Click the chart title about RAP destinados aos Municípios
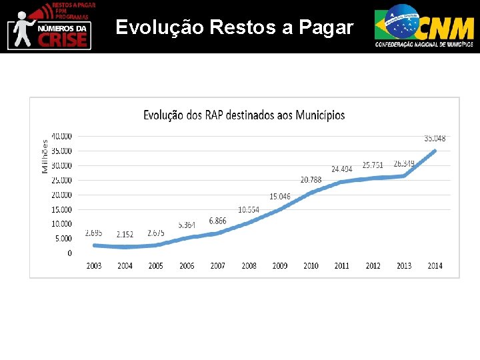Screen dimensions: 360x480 (x=244, y=115)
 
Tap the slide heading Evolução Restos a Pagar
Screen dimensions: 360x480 (x=234, y=27)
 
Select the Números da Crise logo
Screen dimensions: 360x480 (x=49, y=26)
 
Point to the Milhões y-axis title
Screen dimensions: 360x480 (x=45, y=156)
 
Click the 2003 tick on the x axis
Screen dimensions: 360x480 (x=94, y=266)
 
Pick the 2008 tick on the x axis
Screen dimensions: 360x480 (x=249, y=266)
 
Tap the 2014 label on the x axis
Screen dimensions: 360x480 (x=435, y=266)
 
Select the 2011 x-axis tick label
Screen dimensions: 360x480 (x=342, y=266)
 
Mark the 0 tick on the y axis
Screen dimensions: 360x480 (x=70, y=253)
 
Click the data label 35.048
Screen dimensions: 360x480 (x=435, y=139)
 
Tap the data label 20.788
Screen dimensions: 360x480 (x=311, y=180)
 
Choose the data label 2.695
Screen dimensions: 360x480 (x=93, y=233)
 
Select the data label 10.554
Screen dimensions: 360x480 (x=249, y=209)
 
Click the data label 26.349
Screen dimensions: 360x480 (x=404, y=163)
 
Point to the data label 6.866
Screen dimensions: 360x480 (x=218, y=221)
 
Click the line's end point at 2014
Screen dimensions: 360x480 (x=435, y=151)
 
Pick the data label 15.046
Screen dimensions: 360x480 (x=280, y=197)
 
